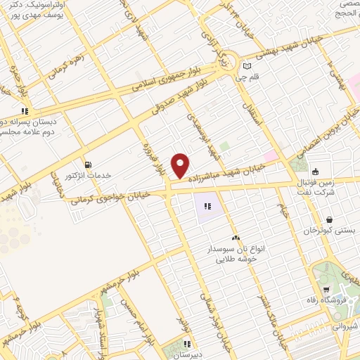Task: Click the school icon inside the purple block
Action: tap(207, 207)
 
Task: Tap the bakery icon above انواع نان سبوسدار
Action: tap(236, 238)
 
